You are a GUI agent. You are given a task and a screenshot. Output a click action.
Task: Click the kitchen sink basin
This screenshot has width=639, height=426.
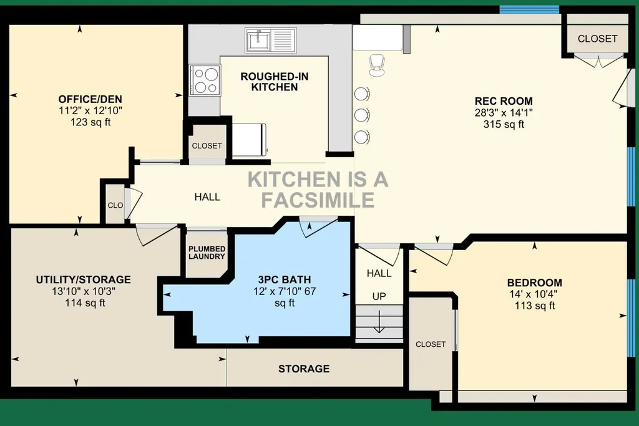coord(258,41)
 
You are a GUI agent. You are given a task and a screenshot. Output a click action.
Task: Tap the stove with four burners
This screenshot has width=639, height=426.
coord(205,80)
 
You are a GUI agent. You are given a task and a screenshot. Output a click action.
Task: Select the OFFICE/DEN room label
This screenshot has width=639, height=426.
coord(90,99)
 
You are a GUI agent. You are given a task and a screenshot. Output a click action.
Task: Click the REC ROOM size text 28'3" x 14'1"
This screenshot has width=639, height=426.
coord(504,112)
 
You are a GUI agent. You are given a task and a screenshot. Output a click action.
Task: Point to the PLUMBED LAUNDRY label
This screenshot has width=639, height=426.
coord(207,253)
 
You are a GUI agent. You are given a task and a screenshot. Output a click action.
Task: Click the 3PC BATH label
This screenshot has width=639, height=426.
coord(285,279)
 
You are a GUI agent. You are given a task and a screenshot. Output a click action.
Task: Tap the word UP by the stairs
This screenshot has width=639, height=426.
coord(379,296)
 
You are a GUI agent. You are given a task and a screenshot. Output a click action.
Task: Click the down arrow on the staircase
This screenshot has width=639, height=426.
coord(379,322)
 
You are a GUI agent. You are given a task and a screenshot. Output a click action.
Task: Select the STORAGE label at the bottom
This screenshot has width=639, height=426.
coord(304,369)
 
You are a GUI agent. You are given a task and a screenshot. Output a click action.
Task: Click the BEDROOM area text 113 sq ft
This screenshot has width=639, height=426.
coord(535,306)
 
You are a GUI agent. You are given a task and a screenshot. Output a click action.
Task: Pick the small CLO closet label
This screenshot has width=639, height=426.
coord(115,205)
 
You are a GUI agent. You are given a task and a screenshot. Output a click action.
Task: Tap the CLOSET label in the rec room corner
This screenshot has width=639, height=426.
coord(597,38)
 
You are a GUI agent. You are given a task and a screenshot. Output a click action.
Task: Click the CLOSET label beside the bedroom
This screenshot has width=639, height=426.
coord(431,344)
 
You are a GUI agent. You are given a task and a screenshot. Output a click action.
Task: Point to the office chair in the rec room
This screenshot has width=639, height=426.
coord(376,65)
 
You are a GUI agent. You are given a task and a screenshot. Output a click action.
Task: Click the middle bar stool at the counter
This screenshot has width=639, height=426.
coord(362,115)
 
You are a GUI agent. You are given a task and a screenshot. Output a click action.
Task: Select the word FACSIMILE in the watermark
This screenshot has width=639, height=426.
coord(318,200)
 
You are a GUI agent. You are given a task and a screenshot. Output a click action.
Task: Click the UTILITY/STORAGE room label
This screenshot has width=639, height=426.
coord(84,279)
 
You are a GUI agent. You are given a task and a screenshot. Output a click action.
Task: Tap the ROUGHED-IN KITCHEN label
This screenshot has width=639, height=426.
coord(275,82)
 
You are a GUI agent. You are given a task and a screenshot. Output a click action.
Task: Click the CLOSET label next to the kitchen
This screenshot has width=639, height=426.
coord(207,145)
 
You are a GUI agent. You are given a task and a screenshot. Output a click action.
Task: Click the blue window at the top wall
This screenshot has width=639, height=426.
coord(530,9)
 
